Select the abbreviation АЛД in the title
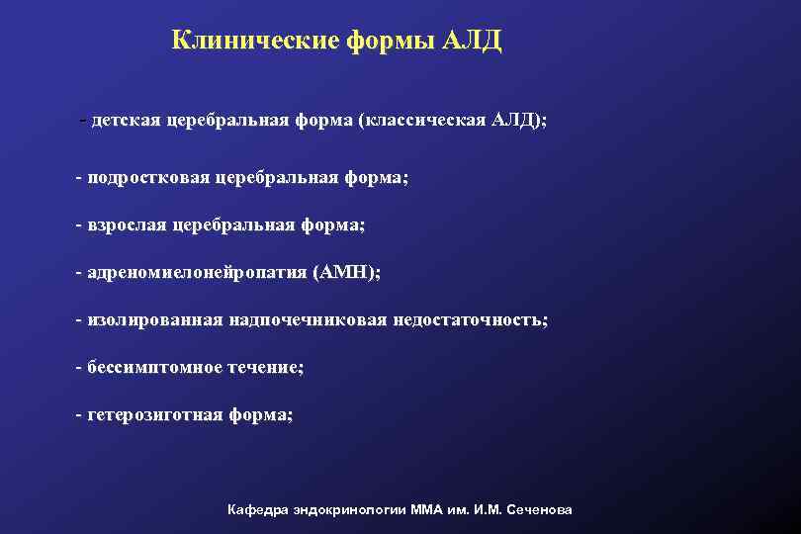(x=475, y=41)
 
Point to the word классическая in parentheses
(x=426, y=121)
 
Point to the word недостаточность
(x=471, y=320)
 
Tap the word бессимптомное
(x=145, y=367)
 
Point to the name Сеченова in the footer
(x=539, y=510)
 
